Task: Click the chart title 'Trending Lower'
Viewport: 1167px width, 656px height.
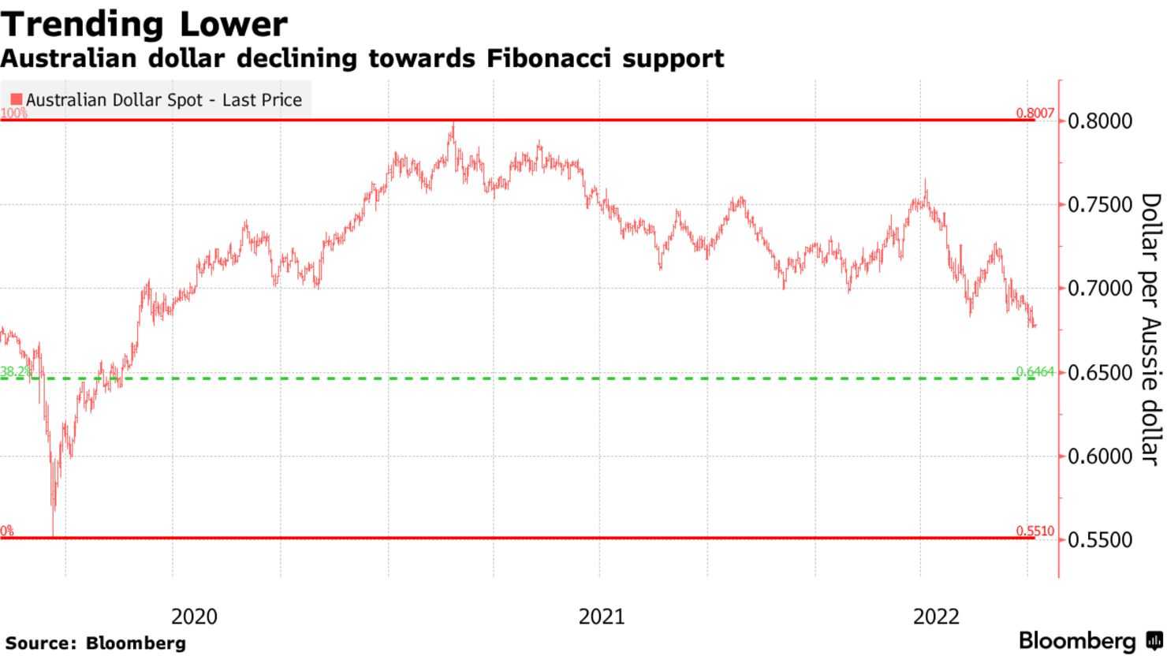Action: [x=144, y=24]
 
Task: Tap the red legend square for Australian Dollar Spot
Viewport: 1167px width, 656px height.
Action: [x=16, y=100]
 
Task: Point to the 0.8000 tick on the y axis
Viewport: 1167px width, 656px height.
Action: [x=1099, y=121]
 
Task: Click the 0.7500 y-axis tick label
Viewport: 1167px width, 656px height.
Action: [x=1099, y=205]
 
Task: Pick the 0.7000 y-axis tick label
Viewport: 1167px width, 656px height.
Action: [x=1099, y=289]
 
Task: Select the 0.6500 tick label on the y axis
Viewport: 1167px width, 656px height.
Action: [x=1099, y=372]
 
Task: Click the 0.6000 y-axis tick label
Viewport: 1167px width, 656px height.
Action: [x=1099, y=456]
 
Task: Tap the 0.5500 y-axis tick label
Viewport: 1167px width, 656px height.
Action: [x=1099, y=540]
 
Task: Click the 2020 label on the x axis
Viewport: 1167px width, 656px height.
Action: [x=194, y=616]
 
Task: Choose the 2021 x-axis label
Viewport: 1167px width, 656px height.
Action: [x=601, y=616]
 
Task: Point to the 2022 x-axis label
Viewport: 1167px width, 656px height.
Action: [x=936, y=616]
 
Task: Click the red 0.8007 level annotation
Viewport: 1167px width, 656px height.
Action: [x=1035, y=114]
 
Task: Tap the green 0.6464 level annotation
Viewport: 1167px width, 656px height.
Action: [x=1035, y=371]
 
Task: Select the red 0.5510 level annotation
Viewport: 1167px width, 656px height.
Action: [x=1035, y=531]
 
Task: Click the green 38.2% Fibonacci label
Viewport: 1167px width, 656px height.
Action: [x=17, y=371]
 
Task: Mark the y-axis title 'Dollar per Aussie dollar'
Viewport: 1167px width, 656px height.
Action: [x=1150, y=329]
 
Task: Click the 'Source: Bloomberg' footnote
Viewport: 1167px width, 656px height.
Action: [x=95, y=643]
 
